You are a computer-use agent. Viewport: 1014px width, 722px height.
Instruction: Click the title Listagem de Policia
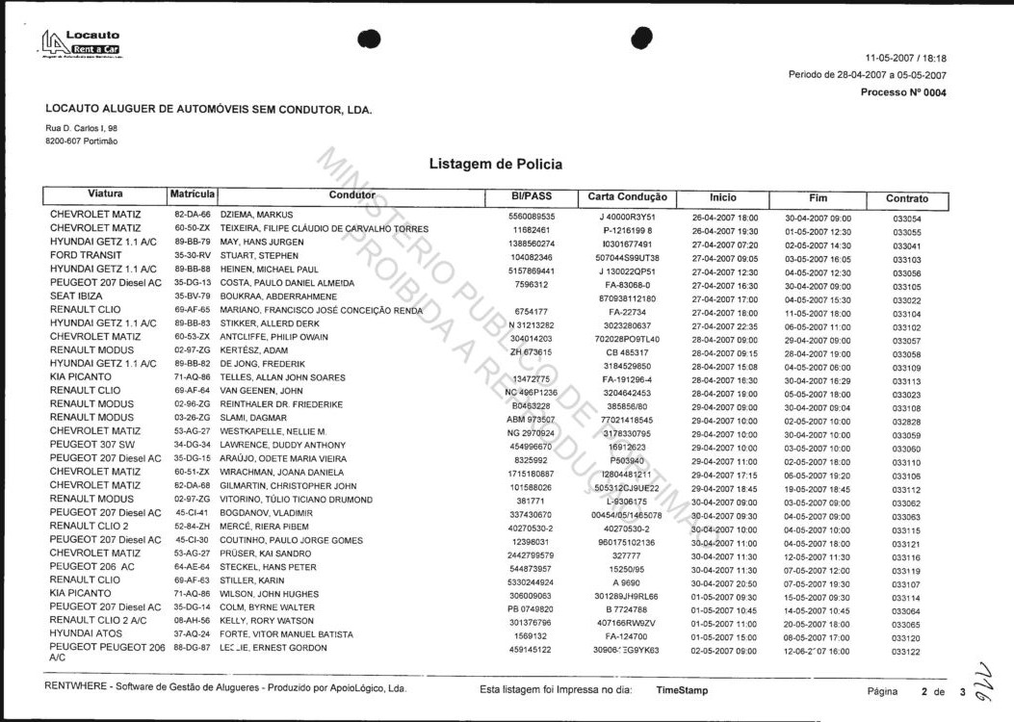click(x=495, y=165)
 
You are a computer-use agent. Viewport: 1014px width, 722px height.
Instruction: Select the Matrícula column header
click(x=192, y=194)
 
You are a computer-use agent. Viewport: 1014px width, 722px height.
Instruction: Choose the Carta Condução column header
click(x=627, y=196)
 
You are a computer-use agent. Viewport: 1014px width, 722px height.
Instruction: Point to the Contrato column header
click(x=906, y=198)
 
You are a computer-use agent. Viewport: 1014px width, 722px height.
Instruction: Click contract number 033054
click(x=906, y=219)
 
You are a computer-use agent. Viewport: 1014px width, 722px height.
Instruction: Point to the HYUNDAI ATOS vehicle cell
click(x=87, y=634)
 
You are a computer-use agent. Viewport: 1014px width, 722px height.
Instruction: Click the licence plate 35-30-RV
click(x=192, y=255)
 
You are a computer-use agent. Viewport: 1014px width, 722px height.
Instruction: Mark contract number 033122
click(x=906, y=652)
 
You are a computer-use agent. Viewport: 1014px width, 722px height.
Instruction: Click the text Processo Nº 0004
click(x=903, y=92)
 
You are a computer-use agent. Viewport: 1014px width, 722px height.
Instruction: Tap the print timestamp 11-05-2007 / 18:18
click(x=905, y=58)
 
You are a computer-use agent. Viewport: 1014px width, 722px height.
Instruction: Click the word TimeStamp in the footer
click(x=682, y=690)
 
